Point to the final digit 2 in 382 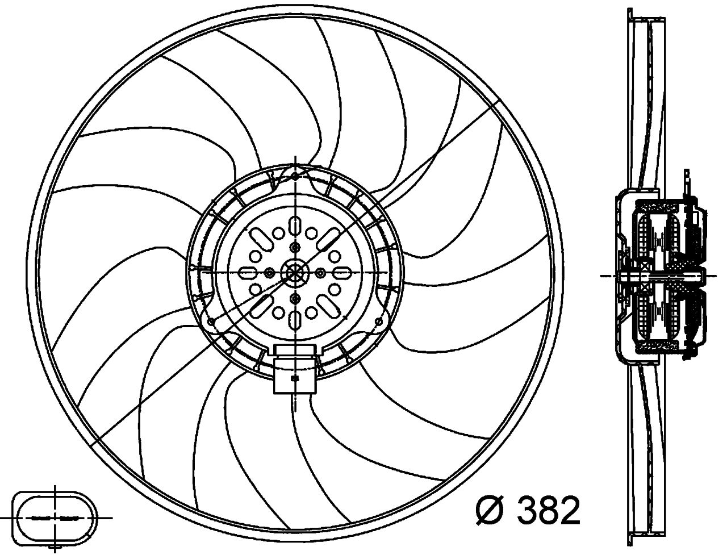pos(567,510)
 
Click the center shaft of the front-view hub pos(295,273)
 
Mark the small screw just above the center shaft pos(295,247)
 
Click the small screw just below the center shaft pos(295,298)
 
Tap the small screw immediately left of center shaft pos(268,273)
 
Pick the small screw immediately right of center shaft pos(321,273)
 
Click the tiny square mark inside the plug pos(294,378)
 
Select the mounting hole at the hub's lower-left pos(212,322)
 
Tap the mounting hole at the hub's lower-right pos(377,322)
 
